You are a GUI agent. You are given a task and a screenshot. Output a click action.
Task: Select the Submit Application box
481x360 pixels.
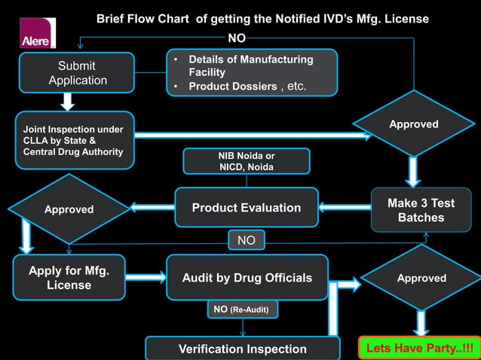click(x=78, y=73)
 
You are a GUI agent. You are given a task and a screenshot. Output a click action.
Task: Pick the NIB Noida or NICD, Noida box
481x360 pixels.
click(x=246, y=161)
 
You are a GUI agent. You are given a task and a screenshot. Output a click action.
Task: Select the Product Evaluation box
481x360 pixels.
click(x=247, y=208)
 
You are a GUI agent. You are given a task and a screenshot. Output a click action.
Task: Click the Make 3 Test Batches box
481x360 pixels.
click(x=421, y=210)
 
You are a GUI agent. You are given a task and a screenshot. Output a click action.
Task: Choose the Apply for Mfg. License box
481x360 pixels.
click(x=69, y=278)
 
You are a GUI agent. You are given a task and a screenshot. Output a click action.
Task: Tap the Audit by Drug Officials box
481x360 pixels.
click(x=247, y=278)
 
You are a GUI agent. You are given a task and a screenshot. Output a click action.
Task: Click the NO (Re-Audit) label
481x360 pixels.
click(x=242, y=309)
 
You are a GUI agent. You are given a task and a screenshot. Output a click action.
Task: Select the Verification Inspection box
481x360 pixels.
click(x=242, y=349)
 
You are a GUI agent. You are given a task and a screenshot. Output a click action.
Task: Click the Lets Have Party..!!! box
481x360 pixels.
click(x=419, y=349)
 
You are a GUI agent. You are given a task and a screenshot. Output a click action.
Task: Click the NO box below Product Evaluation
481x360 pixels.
click(x=247, y=241)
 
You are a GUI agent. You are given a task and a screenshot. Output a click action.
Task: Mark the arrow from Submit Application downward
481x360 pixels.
click(x=68, y=101)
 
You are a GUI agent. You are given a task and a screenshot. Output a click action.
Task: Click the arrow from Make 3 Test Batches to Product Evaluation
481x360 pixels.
click(x=345, y=206)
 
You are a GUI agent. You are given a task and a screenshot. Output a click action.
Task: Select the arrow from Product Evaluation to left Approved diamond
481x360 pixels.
click(x=152, y=206)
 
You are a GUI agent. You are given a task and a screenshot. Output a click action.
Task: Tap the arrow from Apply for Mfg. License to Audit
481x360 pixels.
click(x=146, y=277)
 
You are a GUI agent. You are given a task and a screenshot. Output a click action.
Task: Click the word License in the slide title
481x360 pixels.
click(x=403, y=18)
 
